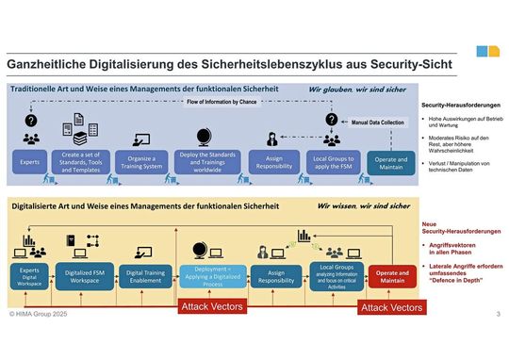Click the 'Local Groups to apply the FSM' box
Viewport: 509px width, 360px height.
pyautogui.click(x=329, y=161)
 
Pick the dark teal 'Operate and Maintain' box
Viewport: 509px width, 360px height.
pyautogui.click(x=387, y=161)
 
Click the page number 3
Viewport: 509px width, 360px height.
pyautogui.click(x=498, y=312)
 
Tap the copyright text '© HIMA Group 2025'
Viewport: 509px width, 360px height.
pyautogui.click(x=35, y=312)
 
